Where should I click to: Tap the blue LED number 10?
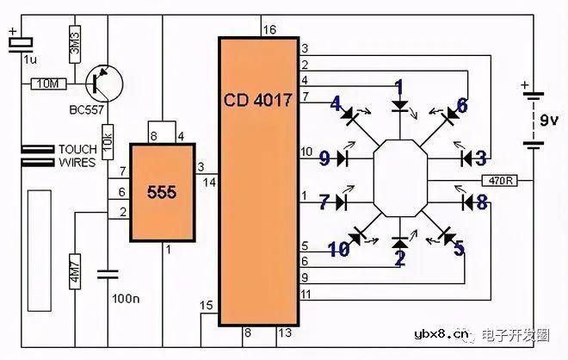pyautogui.click(x=338, y=250)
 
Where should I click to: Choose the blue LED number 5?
pyautogui.click(x=459, y=249)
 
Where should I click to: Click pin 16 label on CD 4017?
pyautogui.click(x=269, y=30)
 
